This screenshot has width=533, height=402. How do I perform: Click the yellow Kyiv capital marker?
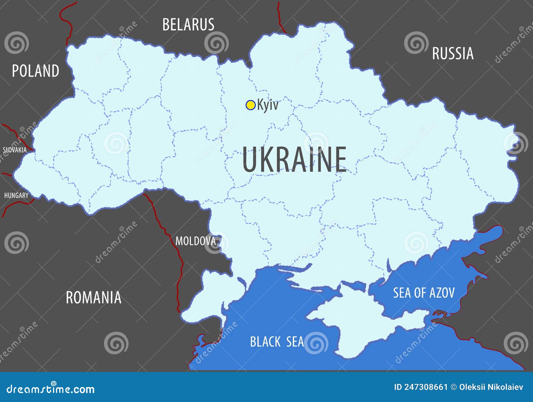coord(250,105)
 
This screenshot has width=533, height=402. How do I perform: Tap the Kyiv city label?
coord(267,105)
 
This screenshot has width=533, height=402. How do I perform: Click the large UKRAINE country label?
coord(294,160)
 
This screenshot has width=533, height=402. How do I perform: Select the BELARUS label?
coord(188,25)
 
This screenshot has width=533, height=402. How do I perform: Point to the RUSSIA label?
coord(453,54)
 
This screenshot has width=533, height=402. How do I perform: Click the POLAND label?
coord(36,71)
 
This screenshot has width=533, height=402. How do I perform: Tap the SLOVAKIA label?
coord(15,150)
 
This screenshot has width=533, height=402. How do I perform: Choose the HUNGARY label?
coord(16,195)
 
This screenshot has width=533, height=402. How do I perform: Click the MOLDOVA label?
coord(196,241)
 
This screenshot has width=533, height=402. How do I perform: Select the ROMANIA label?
coord(94,298)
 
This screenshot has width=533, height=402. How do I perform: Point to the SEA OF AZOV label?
coord(424,293)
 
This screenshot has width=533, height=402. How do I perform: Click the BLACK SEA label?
coord(277,342)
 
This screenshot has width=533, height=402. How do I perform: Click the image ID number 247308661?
coord(425,387)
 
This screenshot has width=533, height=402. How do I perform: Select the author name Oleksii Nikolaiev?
coord(491,387)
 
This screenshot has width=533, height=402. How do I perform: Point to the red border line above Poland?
coord(69,23)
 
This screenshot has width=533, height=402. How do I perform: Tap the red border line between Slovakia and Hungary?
coord(7,174)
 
